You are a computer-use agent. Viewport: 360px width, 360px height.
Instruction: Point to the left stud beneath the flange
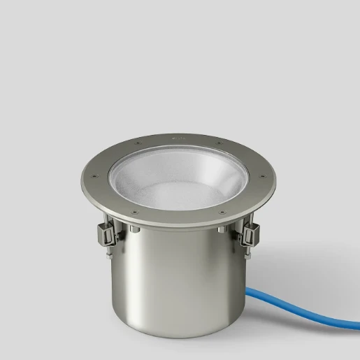pyautogui.click(x=133, y=231)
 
